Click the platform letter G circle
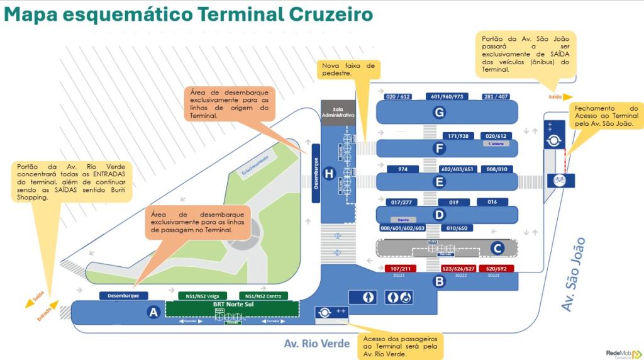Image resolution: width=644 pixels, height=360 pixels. click(x=440, y=113)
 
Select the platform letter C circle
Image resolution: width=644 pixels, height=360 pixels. click(x=497, y=248)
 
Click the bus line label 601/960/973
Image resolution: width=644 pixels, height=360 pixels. click(x=447, y=96)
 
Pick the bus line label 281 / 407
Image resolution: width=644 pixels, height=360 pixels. click(x=496, y=96)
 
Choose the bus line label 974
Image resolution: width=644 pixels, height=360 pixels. click(x=403, y=169)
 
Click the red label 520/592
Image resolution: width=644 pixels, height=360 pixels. click(x=496, y=269)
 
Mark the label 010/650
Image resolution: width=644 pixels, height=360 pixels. click(x=456, y=228)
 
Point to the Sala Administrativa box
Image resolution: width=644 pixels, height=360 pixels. click(x=338, y=112)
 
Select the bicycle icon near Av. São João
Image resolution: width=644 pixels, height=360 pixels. click(x=559, y=181)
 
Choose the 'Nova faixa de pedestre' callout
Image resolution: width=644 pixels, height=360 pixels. click(x=348, y=69)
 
